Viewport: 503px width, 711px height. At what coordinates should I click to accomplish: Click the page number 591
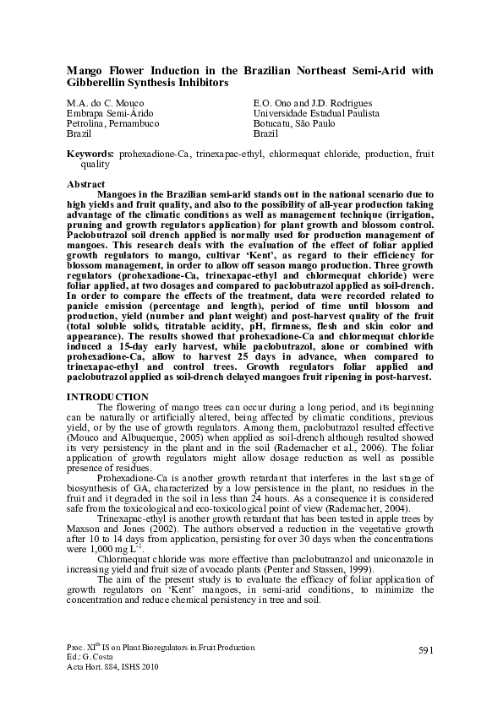click(x=425, y=649)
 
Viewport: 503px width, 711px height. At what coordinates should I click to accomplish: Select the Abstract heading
click(x=85, y=184)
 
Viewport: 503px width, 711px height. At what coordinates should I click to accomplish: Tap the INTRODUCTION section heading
click(x=107, y=397)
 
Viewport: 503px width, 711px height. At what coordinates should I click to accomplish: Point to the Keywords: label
click(x=90, y=155)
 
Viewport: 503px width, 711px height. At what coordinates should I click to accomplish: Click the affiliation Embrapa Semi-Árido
click(x=105, y=112)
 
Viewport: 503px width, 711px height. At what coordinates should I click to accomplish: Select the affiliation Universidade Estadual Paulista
click(x=316, y=112)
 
